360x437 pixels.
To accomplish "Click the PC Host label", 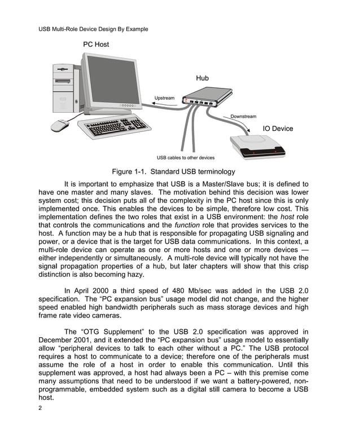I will [x=96, y=44].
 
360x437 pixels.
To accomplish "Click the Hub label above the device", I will [x=202, y=78].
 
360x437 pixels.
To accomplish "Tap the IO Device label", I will [x=278, y=129].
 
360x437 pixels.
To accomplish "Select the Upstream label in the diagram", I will [x=165, y=98].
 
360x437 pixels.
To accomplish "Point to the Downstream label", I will [x=243, y=116].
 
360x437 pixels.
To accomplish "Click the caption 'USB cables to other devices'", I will [x=185, y=157].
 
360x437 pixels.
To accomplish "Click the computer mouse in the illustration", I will [x=60, y=126].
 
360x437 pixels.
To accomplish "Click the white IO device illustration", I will [x=257, y=145].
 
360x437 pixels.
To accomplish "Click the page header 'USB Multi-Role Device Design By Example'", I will [x=93, y=29].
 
